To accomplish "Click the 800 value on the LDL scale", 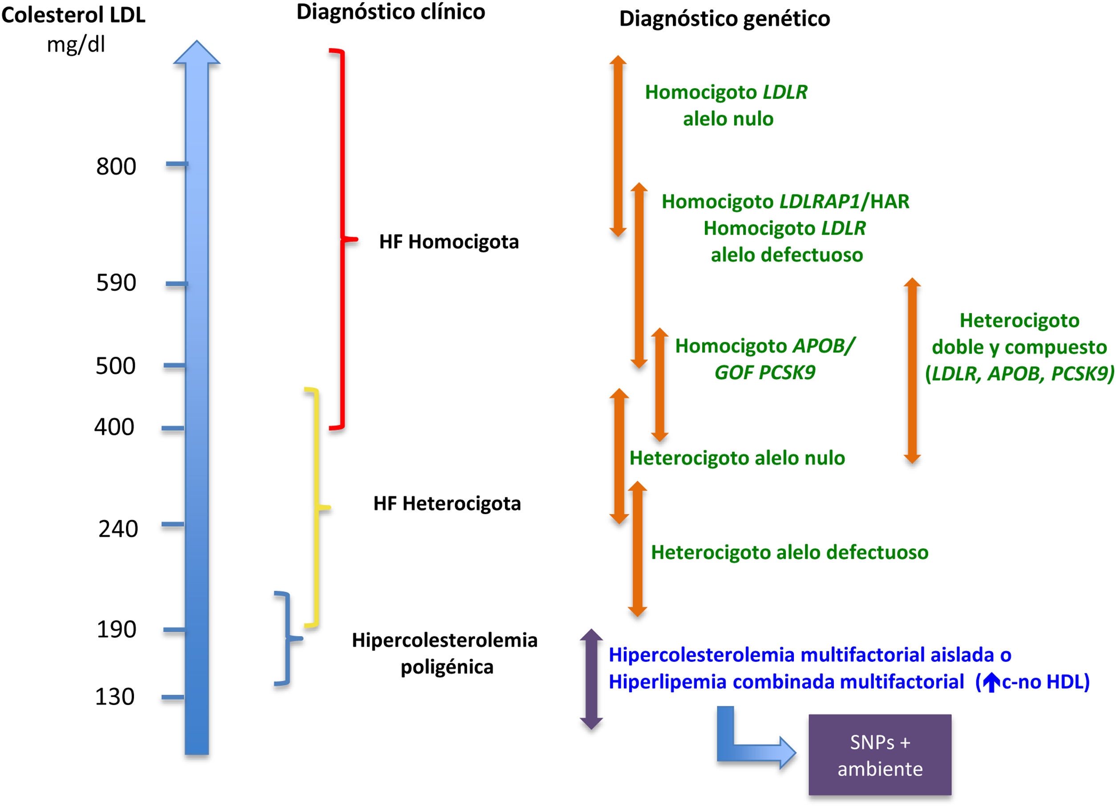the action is tap(116, 166).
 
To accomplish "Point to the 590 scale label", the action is tap(116, 283).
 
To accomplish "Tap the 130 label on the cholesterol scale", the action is tap(115, 697).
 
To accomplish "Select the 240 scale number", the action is tap(118, 529).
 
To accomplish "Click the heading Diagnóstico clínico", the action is tap(391, 12).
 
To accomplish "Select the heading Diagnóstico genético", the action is tap(724, 19).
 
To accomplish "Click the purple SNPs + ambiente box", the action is tap(880, 754).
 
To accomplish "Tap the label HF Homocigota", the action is tap(449, 242).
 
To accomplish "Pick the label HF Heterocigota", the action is tap(447, 503).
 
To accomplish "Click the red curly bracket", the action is tap(343, 239).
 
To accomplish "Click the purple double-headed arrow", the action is tap(591, 679).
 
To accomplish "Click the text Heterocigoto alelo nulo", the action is tap(737, 458).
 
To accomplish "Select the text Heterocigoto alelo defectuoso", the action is tap(789, 552).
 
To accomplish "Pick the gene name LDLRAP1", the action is tap(820, 201).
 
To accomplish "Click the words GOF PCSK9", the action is tap(764, 373).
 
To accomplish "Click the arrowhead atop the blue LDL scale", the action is tap(197, 52).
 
